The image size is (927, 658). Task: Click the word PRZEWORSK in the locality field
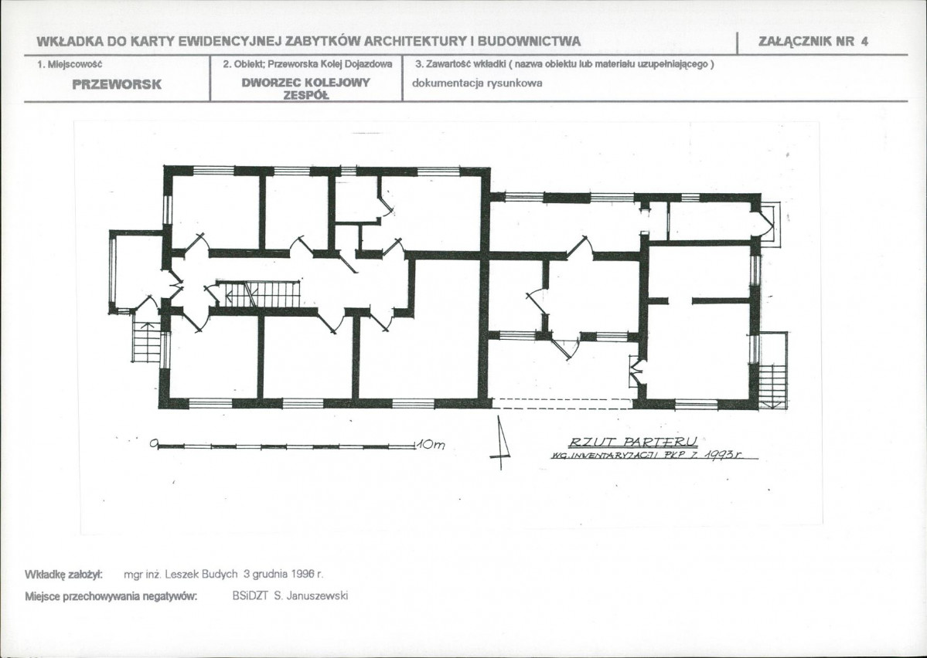point(117,84)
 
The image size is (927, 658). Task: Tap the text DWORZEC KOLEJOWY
point(305,82)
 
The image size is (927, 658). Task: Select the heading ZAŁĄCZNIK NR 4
point(813,42)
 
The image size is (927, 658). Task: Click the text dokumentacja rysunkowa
point(477,83)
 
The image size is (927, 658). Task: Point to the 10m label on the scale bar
point(431,445)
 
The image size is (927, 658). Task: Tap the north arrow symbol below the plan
point(500,443)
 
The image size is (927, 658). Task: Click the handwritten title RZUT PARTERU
point(633,442)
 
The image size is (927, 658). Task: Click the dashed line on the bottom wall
point(561,403)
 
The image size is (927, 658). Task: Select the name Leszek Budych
point(201,574)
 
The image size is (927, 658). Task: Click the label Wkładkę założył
point(64,575)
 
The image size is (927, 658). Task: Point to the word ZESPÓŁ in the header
point(305,95)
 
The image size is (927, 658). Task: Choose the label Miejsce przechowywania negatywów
point(111,596)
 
